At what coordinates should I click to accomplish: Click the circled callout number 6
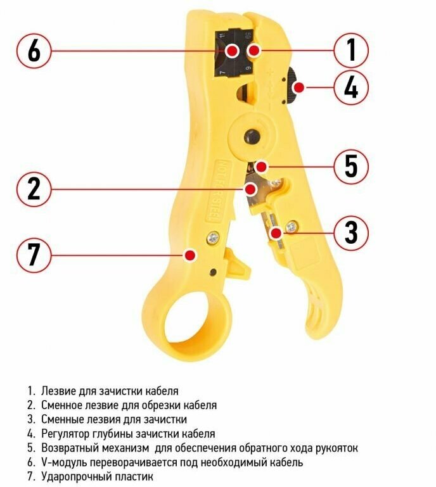click(x=34, y=51)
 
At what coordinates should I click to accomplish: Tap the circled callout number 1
click(x=351, y=50)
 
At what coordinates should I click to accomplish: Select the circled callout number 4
click(x=351, y=88)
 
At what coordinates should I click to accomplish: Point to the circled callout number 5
click(x=351, y=167)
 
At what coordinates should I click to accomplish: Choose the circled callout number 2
click(x=34, y=189)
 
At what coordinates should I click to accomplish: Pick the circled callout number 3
click(x=351, y=232)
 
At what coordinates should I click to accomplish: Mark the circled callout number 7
click(x=34, y=255)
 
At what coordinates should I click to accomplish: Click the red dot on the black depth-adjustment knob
click(x=298, y=87)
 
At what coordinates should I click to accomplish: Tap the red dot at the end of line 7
click(x=190, y=255)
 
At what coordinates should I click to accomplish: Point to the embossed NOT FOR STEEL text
click(x=217, y=191)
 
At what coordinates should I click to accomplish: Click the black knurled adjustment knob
click(x=292, y=87)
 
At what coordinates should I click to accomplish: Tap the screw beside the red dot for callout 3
click(x=292, y=227)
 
